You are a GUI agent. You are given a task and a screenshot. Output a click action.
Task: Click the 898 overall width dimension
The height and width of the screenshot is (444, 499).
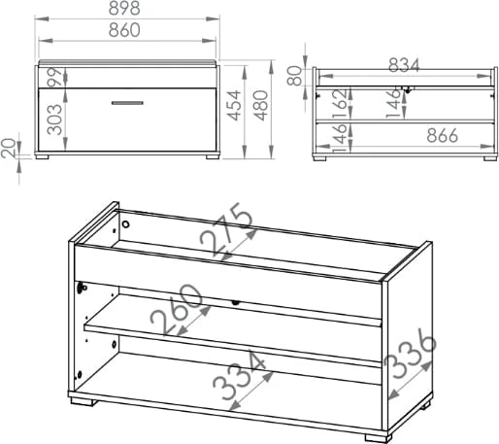tap(124, 8)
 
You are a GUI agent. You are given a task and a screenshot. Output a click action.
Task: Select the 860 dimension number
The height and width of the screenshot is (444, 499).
tap(124, 30)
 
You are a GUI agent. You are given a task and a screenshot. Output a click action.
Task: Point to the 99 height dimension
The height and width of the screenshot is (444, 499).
tap(54, 77)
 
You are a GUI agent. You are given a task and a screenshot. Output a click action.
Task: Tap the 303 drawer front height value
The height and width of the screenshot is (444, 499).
tap(54, 120)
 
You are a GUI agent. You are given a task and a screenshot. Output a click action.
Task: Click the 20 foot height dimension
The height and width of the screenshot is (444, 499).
tap(8, 148)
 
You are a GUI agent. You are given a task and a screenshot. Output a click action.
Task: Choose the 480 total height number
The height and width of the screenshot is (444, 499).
tap(261, 106)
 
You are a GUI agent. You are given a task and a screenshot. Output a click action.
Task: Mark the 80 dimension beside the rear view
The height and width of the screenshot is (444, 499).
tap(294, 75)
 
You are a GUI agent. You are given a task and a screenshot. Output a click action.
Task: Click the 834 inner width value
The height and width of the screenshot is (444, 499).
tap(404, 65)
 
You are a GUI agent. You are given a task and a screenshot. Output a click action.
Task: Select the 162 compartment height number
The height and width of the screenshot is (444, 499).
tap(340, 103)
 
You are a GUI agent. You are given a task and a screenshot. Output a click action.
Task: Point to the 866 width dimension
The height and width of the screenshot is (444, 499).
tap(442, 135)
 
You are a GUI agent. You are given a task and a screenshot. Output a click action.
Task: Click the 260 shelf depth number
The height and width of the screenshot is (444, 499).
tap(177, 309)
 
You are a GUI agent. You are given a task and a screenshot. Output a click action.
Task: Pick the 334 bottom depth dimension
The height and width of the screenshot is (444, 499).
tap(240, 376)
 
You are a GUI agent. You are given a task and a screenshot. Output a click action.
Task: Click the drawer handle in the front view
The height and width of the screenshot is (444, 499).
tap(127, 103)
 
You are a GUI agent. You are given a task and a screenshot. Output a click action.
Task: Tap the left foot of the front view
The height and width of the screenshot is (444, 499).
tap(42, 156)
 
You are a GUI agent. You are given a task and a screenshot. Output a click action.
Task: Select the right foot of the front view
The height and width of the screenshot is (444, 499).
tap(213, 156)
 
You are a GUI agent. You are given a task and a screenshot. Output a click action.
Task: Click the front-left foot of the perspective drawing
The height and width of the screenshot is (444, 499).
tap(83, 401)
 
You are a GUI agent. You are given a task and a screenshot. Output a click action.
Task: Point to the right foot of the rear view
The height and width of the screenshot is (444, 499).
tap(490, 158)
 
